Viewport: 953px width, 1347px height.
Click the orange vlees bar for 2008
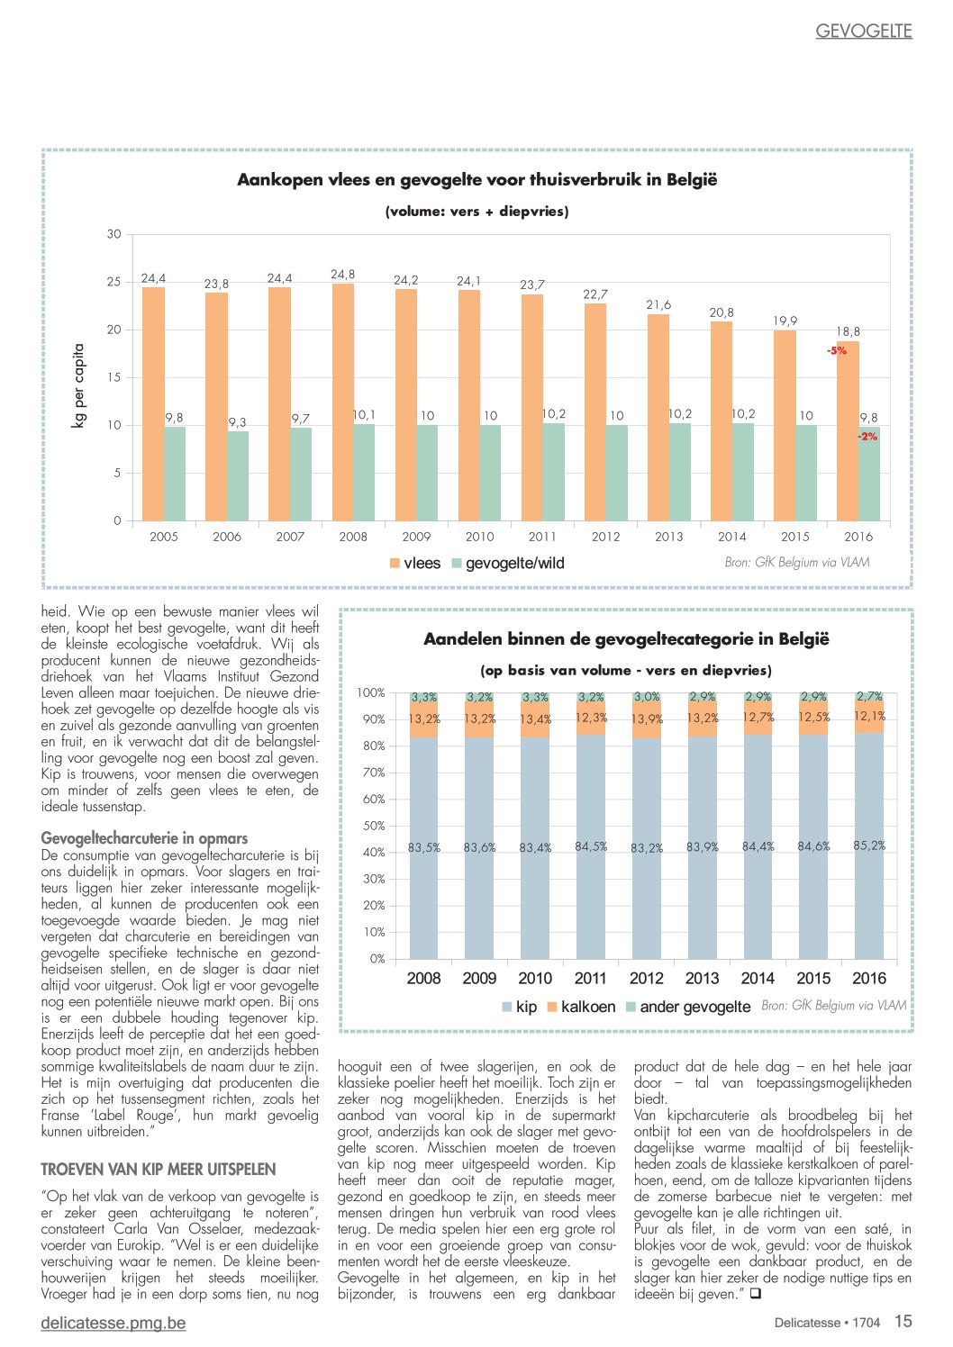(x=342, y=402)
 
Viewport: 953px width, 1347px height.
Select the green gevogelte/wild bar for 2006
(x=238, y=475)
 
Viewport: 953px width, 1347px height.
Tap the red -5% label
(x=836, y=350)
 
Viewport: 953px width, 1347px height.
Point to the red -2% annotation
(x=867, y=437)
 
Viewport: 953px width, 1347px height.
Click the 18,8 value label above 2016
(x=848, y=331)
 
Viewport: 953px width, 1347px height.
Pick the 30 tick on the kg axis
(x=113, y=234)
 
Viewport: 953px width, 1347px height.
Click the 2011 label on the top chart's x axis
(x=542, y=537)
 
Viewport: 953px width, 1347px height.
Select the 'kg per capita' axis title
(x=78, y=385)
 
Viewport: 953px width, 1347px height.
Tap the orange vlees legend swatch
(x=395, y=564)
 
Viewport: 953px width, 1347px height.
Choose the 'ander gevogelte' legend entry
(x=688, y=1007)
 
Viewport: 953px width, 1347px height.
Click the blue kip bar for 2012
(x=646, y=848)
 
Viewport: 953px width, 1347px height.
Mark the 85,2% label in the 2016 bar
(x=869, y=845)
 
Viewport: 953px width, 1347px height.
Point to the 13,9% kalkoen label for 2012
(x=647, y=719)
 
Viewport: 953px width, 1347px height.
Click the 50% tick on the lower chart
(x=374, y=826)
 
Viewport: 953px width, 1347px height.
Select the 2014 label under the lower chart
(x=758, y=979)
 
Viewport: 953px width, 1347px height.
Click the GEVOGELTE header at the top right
(x=864, y=32)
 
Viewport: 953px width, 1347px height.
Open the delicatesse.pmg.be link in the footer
(x=113, y=1323)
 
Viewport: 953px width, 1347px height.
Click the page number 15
(x=903, y=1321)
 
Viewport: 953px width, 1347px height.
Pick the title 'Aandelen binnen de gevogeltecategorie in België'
(x=626, y=638)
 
